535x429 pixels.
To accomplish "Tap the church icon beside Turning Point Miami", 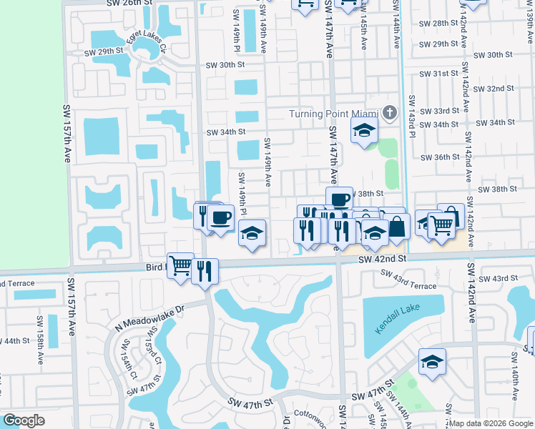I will pyautogui.click(x=389, y=113).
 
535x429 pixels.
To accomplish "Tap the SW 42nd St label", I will pyautogui.click(x=383, y=258).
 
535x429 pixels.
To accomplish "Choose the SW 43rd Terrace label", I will pyautogui.click(x=408, y=280).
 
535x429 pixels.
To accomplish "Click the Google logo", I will pyautogui.click(x=24, y=420).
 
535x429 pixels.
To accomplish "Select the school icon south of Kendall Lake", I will pyautogui.click(x=432, y=363).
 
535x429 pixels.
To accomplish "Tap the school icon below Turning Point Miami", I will pyautogui.click(x=363, y=132).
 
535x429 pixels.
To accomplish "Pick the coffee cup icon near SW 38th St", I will pyautogui.click(x=340, y=199).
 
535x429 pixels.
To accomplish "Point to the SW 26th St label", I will pyautogui.click(x=129, y=4).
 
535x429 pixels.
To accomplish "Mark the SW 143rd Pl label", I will pyautogui.click(x=412, y=114).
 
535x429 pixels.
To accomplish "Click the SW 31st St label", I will pyautogui.click(x=439, y=74).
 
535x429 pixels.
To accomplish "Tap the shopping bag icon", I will pyautogui.click(x=397, y=227).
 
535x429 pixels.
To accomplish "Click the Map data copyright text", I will pyautogui.click(x=491, y=423).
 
